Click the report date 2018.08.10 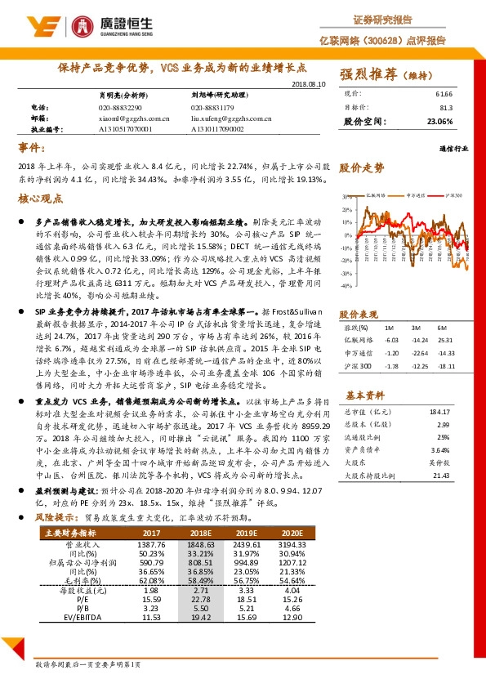[x=308, y=83]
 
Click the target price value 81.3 [x=446, y=107]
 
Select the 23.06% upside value [x=440, y=121]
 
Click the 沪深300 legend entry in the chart [x=454, y=196]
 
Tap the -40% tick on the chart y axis [x=346, y=286]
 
